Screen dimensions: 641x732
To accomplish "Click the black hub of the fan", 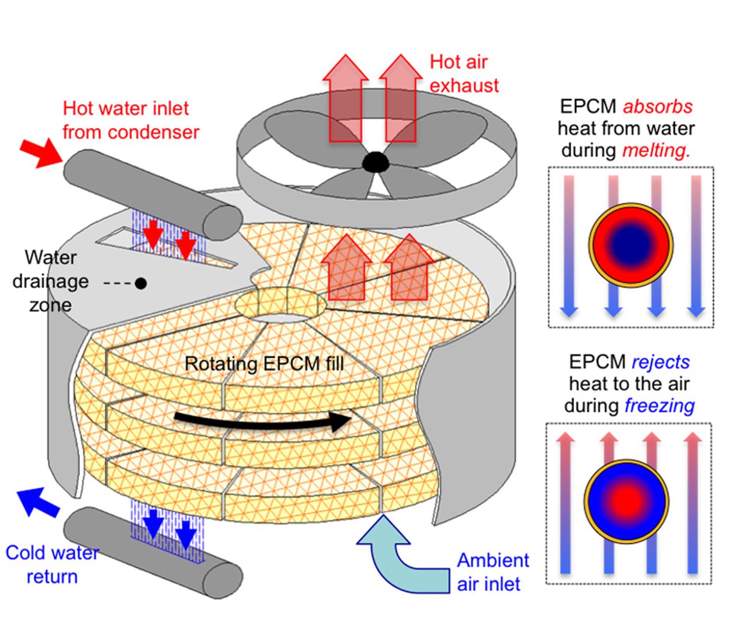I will point(375,163).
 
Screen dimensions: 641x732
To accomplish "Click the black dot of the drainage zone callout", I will point(140,283).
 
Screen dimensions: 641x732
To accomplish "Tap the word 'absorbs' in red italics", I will point(657,107).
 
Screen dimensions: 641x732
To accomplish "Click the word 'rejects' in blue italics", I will point(661,362).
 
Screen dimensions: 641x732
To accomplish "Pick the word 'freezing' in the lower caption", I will point(659,406).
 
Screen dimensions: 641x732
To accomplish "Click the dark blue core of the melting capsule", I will point(631,245).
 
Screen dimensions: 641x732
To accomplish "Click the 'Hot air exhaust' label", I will point(464,73).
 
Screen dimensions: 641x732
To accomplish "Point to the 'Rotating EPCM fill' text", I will point(264,364).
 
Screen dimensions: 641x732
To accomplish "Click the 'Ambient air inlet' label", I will point(492,572).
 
